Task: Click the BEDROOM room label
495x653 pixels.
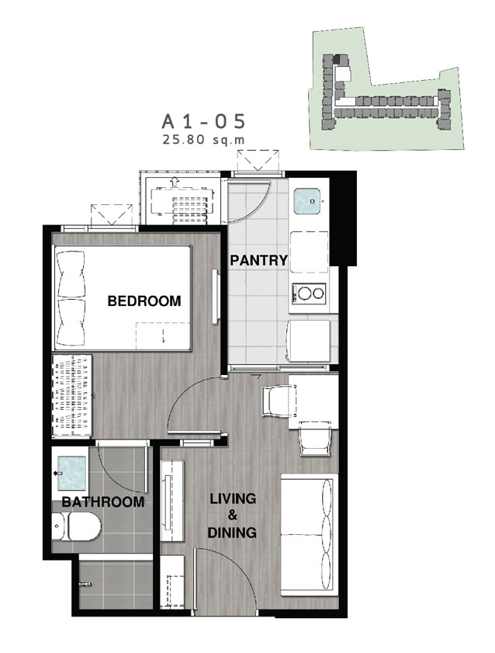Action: click(144, 300)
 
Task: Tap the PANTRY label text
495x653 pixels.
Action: click(258, 261)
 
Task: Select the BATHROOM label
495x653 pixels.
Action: click(102, 502)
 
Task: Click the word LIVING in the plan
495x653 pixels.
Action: click(233, 498)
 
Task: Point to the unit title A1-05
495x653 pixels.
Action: click(204, 122)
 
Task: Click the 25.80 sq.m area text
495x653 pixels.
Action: click(204, 140)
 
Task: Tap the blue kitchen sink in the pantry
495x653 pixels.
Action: click(307, 201)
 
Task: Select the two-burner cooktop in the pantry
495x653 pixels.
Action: click(309, 294)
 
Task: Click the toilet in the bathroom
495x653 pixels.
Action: click(77, 526)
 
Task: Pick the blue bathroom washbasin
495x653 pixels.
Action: click(71, 473)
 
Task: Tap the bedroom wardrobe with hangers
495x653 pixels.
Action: click(71, 396)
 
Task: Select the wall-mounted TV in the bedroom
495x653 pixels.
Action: click(216, 296)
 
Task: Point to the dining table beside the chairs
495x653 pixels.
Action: click(313, 401)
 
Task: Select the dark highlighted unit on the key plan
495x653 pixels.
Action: click(341, 60)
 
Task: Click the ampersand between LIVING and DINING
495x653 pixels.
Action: click(233, 516)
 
